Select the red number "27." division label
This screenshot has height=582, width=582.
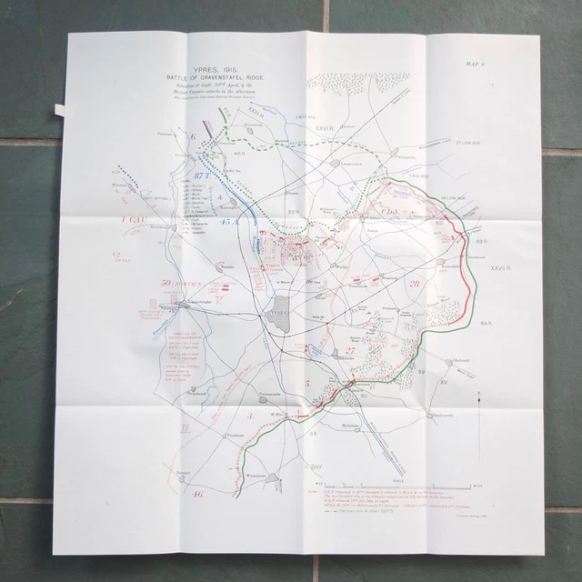pyautogui.click(x=350, y=348)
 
